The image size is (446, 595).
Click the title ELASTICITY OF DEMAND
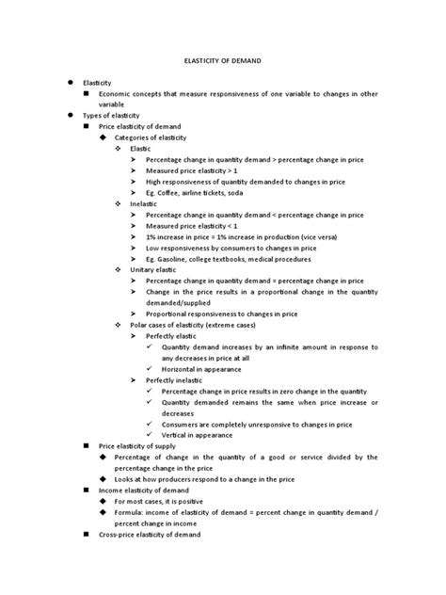(222, 59)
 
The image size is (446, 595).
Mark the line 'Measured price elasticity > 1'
(193, 171)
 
